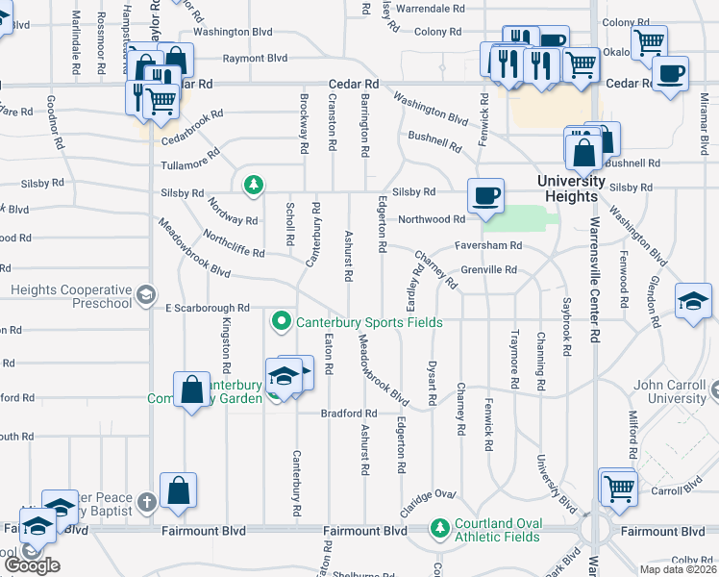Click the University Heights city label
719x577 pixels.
tap(570, 189)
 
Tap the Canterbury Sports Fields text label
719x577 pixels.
tap(369, 322)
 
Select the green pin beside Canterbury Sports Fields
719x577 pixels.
tap(282, 321)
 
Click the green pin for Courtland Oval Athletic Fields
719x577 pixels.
tap(440, 528)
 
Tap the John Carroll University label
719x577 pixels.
tap(670, 391)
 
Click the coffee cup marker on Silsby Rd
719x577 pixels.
tap(485, 195)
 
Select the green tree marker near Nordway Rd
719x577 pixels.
tap(253, 184)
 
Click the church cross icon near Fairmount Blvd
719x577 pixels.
tap(145, 502)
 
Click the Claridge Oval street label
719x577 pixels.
tap(431, 495)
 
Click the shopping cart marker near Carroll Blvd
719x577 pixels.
tap(617, 487)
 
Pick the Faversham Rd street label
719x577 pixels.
tap(488, 245)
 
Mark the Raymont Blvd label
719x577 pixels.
tap(255, 59)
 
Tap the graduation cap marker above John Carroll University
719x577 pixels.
tap(693, 301)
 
